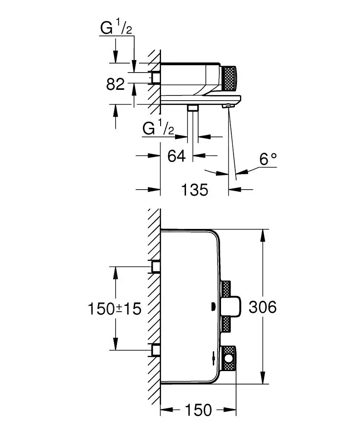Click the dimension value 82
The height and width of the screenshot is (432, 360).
(x=115, y=84)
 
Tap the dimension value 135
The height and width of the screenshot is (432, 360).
(x=195, y=189)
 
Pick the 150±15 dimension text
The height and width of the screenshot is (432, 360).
(x=115, y=309)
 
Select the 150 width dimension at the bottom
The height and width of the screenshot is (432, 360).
(x=199, y=410)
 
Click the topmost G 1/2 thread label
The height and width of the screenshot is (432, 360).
(x=116, y=29)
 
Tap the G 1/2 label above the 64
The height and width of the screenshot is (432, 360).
(x=158, y=129)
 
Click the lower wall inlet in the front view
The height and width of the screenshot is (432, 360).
(x=155, y=349)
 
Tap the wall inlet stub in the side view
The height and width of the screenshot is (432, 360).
(x=155, y=78)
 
